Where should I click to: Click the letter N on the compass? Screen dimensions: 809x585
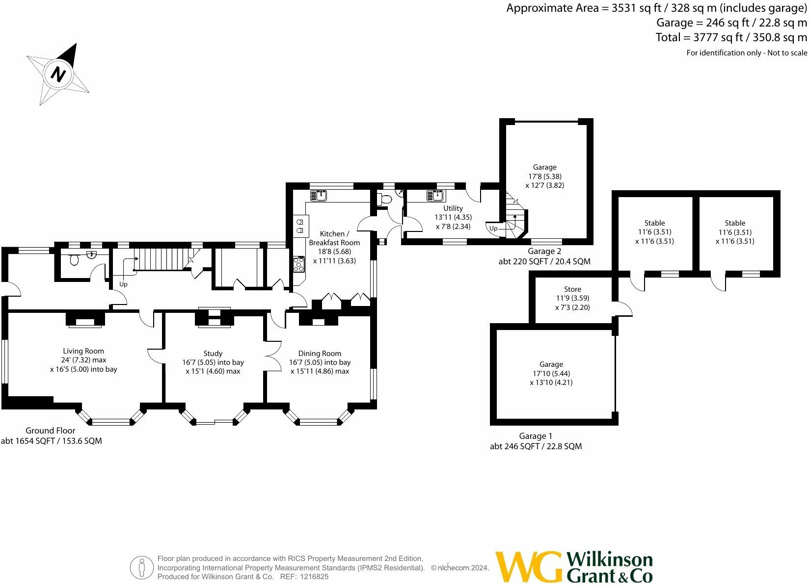58,75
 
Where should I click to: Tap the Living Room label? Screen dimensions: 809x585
83,351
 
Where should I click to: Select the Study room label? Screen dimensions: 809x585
213,354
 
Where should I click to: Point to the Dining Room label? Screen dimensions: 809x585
320,354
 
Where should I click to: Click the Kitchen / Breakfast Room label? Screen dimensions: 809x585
334,238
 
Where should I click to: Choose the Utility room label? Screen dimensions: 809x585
453,208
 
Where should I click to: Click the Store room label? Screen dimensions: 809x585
572,289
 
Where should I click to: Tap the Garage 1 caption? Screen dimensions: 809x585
536,436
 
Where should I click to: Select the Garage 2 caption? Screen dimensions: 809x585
544,252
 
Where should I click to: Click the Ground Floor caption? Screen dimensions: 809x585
50,430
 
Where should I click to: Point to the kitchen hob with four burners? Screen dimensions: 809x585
299,264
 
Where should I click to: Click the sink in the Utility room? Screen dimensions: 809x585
436,196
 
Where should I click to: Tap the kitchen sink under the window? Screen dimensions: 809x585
319,196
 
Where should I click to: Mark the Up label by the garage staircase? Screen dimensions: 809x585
493,229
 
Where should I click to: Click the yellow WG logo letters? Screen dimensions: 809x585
529,566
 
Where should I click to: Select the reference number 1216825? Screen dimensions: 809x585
314,577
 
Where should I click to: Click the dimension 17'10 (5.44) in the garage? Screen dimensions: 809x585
551,373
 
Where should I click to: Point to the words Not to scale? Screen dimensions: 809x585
787,52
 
